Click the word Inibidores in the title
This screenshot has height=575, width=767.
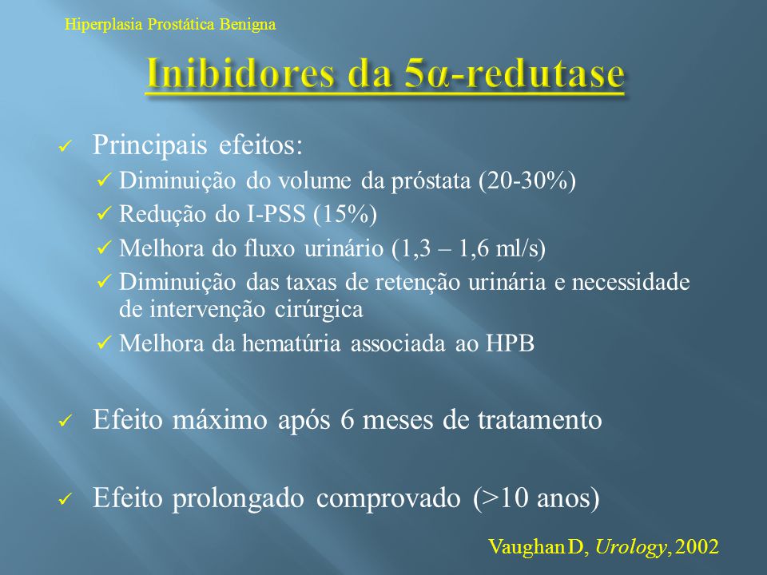point(240,73)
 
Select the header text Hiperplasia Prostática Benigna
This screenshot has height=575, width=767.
point(170,24)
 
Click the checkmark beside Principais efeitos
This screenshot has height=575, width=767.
point(65,146)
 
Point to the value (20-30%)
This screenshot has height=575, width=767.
point(527,181)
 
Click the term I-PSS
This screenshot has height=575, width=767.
point(276,214)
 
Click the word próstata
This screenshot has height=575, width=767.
point(431,182)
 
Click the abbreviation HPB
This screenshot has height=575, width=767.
point(510,343)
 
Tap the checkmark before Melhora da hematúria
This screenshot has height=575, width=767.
point(105,343)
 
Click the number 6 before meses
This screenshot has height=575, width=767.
point(347,420)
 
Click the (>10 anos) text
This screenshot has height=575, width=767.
point(536,498)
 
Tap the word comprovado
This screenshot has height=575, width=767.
point(388,498)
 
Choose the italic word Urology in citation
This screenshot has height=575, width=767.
point(631,546)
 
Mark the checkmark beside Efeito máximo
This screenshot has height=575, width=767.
point(65,421)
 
